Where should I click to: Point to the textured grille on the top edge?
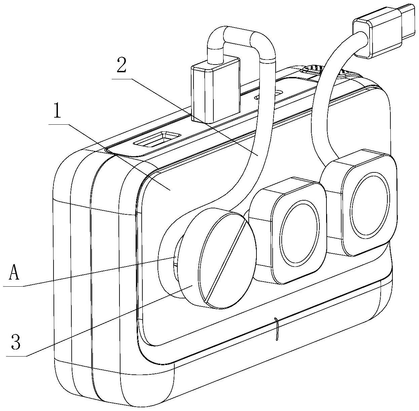(312, 69)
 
